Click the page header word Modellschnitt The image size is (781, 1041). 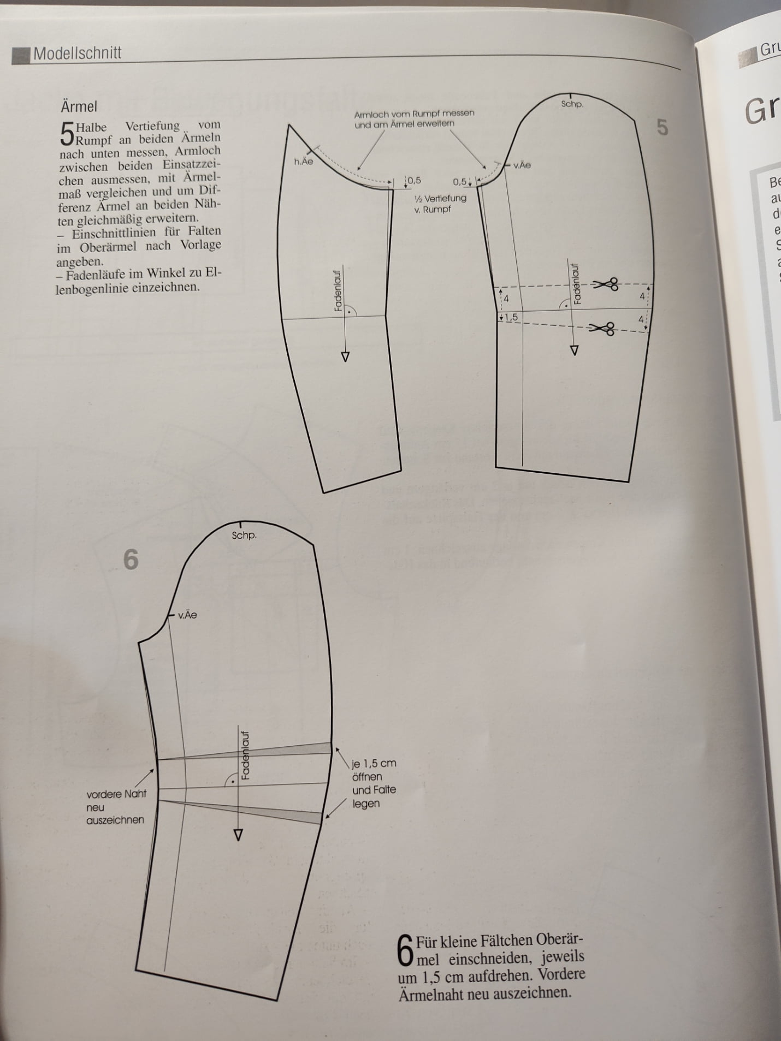(77, 53)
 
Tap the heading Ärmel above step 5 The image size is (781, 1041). (79, 106)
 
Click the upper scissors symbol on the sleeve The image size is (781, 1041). (606, 284)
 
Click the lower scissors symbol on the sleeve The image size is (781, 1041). (602, 328)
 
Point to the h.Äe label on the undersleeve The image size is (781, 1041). (303, 162)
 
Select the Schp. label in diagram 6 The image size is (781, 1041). (244, 536)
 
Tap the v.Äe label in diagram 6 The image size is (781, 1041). (187, 615)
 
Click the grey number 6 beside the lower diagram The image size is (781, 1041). (131, 560)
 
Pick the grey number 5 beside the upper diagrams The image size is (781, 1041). (662, 127)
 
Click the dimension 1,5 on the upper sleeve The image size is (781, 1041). (511, 317)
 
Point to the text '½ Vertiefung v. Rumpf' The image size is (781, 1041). (440, 204)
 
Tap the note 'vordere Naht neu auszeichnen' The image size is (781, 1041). (116, 807)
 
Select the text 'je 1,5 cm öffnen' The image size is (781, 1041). (374, 770)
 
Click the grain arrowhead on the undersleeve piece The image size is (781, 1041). (345, 357)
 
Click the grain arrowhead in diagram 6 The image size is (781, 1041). (238, 835)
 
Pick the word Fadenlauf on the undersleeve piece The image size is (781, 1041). (338, 291)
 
